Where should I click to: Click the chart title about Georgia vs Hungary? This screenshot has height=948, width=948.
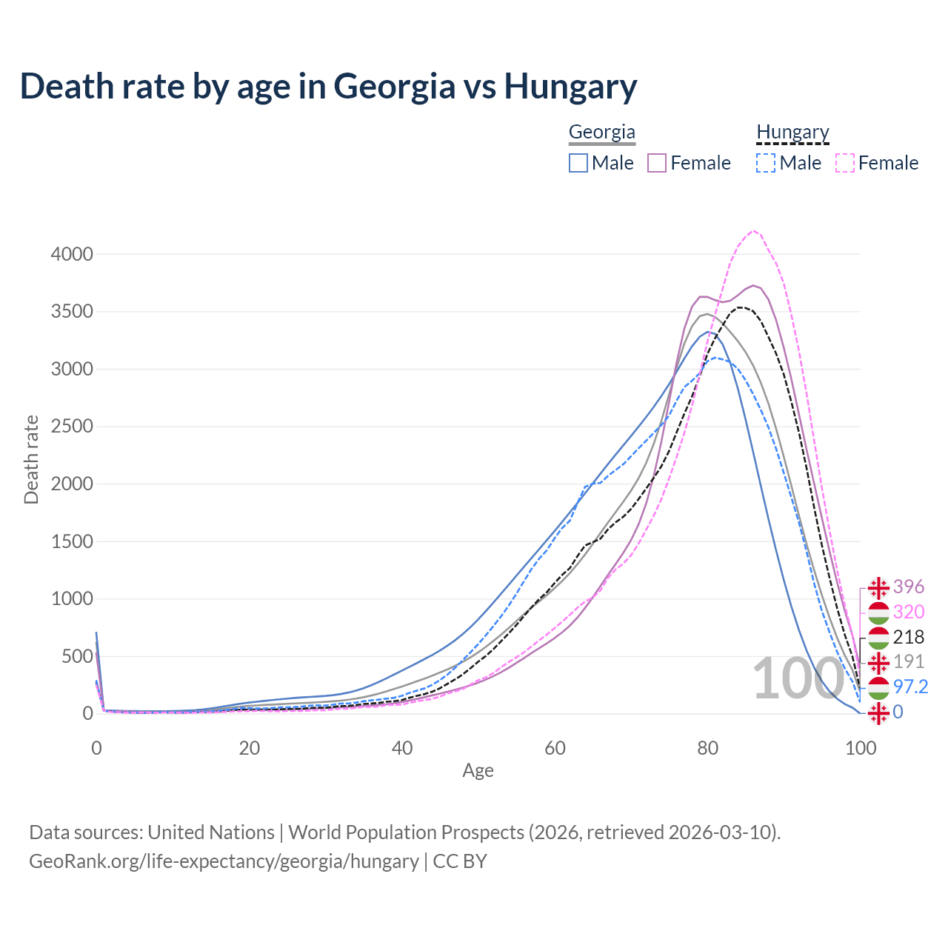pyautogui.click(x=328, y=86)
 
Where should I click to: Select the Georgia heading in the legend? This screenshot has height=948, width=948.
pyautogui.click(x=601, y=132)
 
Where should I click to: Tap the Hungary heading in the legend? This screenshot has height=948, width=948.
pyautogui.click(x=792, y=132)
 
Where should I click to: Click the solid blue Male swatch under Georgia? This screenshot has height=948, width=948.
pyautogui.click(x=578, y=163)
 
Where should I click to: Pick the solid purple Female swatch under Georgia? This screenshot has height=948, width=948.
pyautogui.click(x=657, y=163)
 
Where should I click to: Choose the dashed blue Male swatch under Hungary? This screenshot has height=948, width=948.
pyautogui.click(x=766, y=163)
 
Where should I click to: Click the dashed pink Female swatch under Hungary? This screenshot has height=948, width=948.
pyautogui.click(x=844, y=163)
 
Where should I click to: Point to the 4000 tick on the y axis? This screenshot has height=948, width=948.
pyautogui.click(x=72, y=254)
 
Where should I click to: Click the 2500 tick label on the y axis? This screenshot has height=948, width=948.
pyautogui.click(x=72, y=427)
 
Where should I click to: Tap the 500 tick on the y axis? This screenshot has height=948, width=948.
pyautogui.click(x=77, y=656)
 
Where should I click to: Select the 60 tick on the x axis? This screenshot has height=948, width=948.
pyautogui.click(x=555, y=748)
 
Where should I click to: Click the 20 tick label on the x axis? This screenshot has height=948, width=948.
pyautogui.click(x=250, y=748)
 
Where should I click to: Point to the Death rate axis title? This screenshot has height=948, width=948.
pyautogui.click(x=31, y=459)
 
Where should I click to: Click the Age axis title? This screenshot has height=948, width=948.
pyautogui.click(x=478, y=770)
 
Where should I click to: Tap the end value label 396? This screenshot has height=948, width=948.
pyautogui.click(x=908, y=587)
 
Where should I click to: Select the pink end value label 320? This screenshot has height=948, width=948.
pyautogui.click(x=908, y=612)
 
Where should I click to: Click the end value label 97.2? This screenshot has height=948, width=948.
pyautogui.click(x=910, y=687)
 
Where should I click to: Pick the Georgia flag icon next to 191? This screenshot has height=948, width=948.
pyautogui.click(x=878, y=661)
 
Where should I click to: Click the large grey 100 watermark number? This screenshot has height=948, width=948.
pyautogui.click(x=798, y=678)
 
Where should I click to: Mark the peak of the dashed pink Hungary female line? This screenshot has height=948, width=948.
pyautogui.click(x=753, y=230)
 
